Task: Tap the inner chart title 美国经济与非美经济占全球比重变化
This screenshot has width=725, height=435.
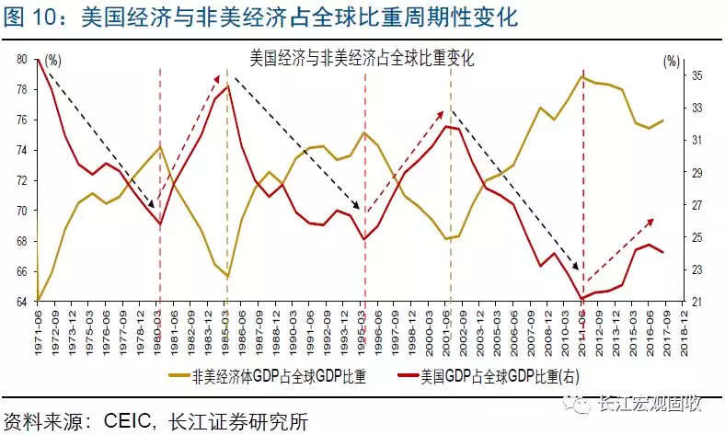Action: click(x=362, y=57)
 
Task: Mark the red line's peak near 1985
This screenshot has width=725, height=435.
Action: click(x=227, y=86)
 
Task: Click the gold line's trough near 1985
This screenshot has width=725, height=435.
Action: click(x=227, y=277)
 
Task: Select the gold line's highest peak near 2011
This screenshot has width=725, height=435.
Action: click(x=583, y=75)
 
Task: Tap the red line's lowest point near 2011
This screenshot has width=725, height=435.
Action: click(x=582, y=298)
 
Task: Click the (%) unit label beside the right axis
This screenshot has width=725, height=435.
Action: click(x=671, y=61)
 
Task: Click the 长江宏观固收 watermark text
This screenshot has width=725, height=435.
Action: click(x=657, y=403)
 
